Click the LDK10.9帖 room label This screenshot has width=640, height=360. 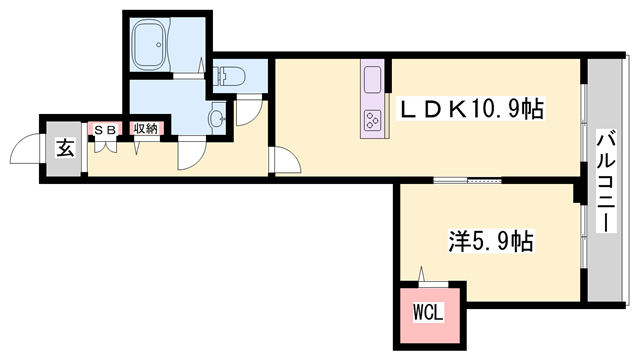click(x=473, y=109)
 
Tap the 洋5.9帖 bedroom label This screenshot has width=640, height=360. click(x=489, y=241)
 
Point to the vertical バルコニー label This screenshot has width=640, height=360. click(x=606, y=181)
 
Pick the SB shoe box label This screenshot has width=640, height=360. click(x=105, y=129)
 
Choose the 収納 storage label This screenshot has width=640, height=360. click(x=146, y=129)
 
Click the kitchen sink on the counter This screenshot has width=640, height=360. click(x=372, y=78)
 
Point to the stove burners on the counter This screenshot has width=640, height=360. click(x=372, y=120)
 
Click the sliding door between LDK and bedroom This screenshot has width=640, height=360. click(x=465, y=181)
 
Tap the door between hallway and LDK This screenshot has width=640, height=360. click(x=280, y=160)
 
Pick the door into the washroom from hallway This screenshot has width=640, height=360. click(x=190, y=152)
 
